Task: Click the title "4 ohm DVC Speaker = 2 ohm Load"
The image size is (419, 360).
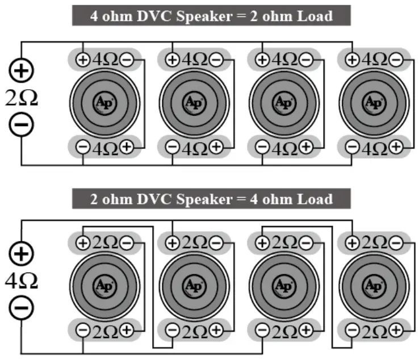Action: (x=211, y=15)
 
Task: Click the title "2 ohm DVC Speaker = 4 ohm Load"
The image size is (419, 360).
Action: (x=211, y=199)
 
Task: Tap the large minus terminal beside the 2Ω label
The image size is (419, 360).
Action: (x=22, y=124)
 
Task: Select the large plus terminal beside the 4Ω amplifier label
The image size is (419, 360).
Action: (x=22, y=254)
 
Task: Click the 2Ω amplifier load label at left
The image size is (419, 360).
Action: (x=22, y=98)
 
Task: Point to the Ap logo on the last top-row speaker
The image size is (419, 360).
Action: (x=374, y=103)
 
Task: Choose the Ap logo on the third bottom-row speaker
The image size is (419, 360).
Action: (x=284, y=285)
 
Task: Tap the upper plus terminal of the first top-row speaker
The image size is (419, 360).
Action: (x=83, y=59)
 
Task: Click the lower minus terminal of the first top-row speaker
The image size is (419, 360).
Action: (x=83, y=148)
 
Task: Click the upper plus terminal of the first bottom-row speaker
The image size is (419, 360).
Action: (x=83, y=242)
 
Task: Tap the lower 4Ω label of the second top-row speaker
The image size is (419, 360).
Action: (x=195, y=148)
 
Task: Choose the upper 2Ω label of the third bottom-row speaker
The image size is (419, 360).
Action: (x=284, y=242)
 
